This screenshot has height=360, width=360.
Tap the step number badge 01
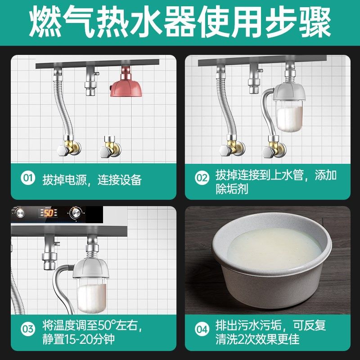click(x=28, y=179)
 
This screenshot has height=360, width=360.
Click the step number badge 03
click(x=28, y=329)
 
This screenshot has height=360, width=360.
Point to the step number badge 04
click(x=202, y=329)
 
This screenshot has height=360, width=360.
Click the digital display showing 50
click(x=48, y=212)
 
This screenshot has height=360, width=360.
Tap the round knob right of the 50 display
click(x=75, y=212)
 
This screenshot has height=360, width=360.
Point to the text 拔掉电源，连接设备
click(x=92, y=180)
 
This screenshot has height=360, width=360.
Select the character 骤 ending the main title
click(x=315, y=22)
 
